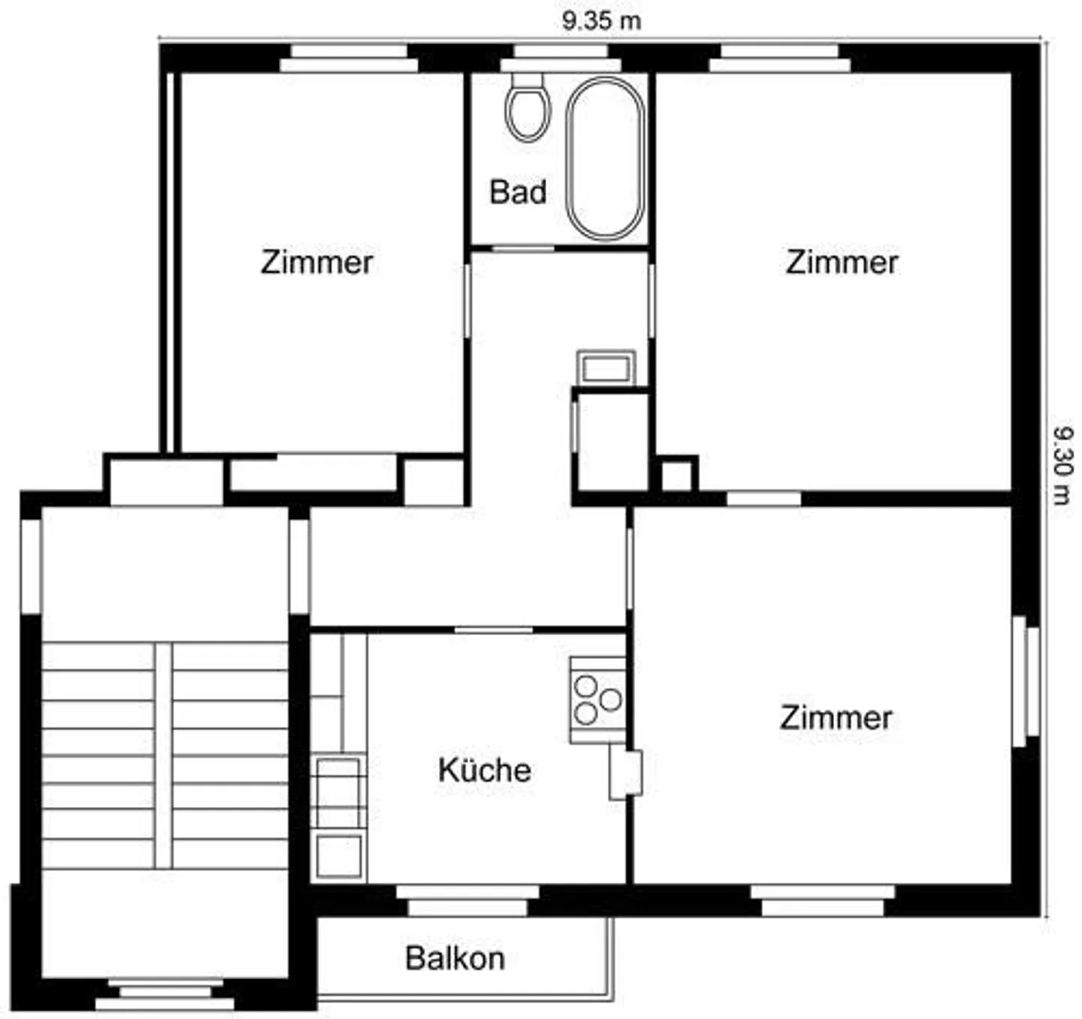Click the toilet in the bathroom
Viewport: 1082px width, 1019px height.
[527, 109]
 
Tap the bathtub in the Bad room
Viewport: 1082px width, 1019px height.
[605, 159]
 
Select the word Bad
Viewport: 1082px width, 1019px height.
[517, 192]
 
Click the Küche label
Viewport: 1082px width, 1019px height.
[485, 770]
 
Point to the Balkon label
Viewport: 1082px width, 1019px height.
[455, 959]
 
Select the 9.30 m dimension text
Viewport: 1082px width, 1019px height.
[1062, 466]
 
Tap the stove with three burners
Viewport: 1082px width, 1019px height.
[597, 700]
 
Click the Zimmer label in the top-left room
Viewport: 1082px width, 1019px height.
[316, 262]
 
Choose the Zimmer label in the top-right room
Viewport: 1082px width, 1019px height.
[842, 262]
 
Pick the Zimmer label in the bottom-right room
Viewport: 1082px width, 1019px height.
[836, 718]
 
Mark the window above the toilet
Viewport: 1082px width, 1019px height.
[561, 59]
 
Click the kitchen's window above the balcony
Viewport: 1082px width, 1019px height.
[467, 900]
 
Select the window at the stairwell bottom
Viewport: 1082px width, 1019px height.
[165, 995]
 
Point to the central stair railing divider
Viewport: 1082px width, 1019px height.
[164, 755]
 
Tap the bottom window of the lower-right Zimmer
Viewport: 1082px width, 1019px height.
[823, 900]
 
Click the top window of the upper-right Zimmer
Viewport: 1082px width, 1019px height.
[779, 59]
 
